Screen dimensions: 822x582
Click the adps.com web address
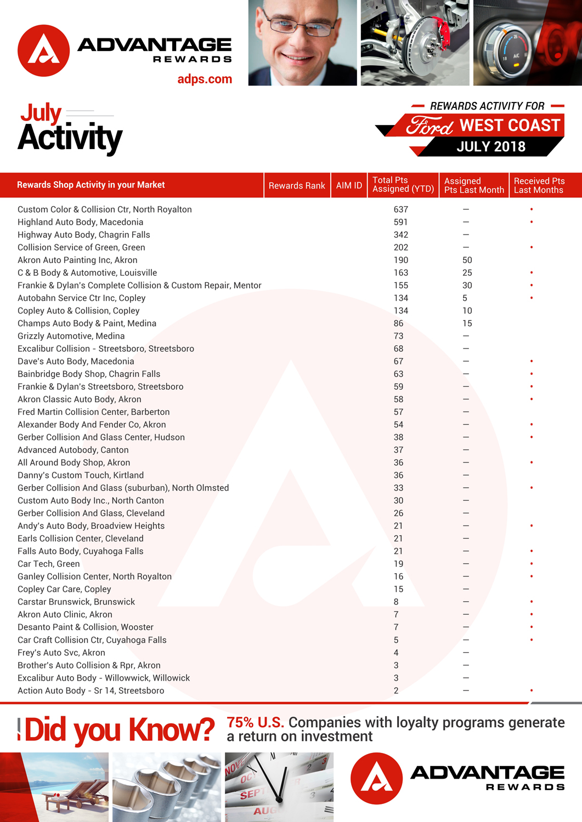tap(205, 79)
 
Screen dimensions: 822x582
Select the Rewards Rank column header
tap(297, 185)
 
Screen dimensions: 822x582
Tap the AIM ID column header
tap(349, 185)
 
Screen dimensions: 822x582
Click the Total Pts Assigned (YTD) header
tap(403, 185)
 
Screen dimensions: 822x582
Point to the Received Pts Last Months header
tap(539, 185)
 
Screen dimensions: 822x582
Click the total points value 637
tap(401, 209)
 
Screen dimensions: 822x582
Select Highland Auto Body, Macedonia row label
tap(80, 222)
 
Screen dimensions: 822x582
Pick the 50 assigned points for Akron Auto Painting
tap(467, 260)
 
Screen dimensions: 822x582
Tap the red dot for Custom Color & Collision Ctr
tap(531, 209)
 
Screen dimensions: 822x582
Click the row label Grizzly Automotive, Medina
tap(71, 336)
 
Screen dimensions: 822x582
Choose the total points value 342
tap(401, 235)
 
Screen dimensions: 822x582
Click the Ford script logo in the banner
tap(430, 126)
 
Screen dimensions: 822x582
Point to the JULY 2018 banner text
tap(491, 147)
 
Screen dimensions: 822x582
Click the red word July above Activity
tap(41, 113)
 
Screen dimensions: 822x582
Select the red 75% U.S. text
tap(255, 722)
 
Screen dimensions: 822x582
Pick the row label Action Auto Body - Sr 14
tap(91, 690)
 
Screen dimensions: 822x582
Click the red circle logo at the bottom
tap(376, 778)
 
